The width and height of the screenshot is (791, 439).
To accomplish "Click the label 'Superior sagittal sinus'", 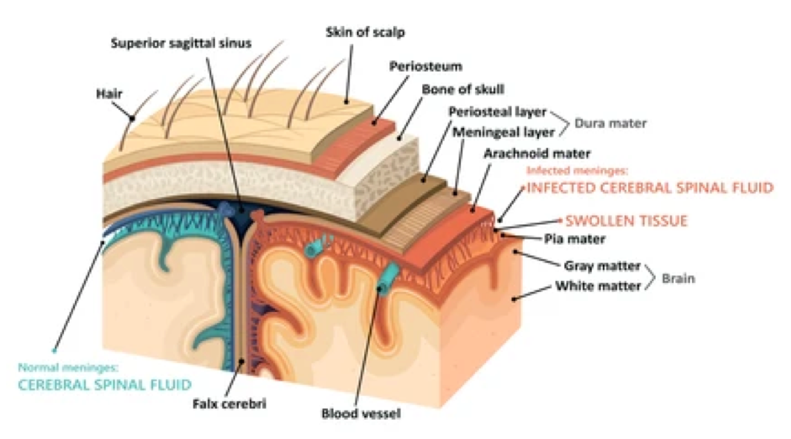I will click(x=181, y=43).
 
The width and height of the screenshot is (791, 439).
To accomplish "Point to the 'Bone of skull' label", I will click(x=463, y=90).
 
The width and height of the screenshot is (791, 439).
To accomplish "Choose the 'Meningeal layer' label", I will click(x=502, y=132).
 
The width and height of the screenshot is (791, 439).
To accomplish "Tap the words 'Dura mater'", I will click(x=611, y=123).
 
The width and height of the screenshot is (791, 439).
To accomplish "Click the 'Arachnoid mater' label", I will click(x=537, y=155).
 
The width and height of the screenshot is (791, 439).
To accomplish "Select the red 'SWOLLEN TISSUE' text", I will click(x=626, y=221).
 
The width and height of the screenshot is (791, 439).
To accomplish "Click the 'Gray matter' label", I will click(x=602, y=266).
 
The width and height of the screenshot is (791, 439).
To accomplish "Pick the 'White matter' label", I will click(x=602, y=284).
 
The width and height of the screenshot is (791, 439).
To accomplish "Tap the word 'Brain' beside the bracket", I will click(x=679, y=280).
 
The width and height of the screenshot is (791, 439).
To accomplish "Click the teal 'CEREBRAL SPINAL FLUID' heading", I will click(x=104, y=385).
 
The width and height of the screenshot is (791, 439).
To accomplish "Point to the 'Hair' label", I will click(x=109, y=95).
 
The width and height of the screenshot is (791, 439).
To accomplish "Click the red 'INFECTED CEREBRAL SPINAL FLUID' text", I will click(x=650, y=188).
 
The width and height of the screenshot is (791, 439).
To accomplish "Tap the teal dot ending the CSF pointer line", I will click(x=54, y=348).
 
